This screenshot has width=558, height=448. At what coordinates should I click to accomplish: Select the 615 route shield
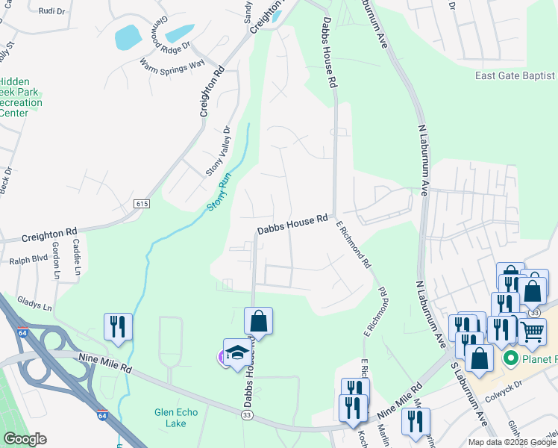point(142,204)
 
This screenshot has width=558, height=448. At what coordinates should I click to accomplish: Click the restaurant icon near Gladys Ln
point(118,326)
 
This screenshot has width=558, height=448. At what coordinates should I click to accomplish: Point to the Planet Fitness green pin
point(511,358)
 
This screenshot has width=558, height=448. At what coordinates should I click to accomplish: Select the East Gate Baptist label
point(515,75)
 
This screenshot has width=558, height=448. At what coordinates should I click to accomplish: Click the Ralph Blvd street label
point(23,261)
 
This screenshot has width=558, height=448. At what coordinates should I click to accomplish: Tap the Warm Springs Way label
point(172,63)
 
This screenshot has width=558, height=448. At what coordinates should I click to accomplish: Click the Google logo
point(25,439)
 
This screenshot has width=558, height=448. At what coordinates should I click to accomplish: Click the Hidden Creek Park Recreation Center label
point(20,97)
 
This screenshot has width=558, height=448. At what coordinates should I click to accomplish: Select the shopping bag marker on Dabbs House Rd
point(258,321)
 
